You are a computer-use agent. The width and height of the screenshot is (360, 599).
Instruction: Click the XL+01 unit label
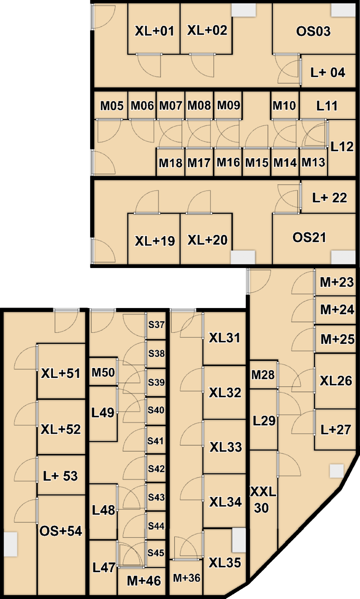point(155,31)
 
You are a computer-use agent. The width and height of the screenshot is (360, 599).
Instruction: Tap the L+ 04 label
point(328,72)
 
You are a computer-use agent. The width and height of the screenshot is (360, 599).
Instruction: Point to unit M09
point(228,105)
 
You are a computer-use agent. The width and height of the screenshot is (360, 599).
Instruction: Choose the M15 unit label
point(257,163)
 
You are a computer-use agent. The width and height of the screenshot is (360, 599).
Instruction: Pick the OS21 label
point(309,237)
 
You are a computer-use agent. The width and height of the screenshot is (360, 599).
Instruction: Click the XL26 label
point(336,381)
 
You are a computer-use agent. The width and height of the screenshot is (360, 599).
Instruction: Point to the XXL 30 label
point(263,500)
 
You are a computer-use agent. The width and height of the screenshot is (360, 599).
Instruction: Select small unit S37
point(156,325)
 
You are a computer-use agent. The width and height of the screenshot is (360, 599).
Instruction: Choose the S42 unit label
point(156,469)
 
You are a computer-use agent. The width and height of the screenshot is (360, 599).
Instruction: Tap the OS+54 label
point(61,531)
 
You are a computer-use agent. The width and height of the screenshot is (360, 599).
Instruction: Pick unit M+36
point(186,578)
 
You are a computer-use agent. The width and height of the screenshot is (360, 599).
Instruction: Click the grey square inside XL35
point(239,540)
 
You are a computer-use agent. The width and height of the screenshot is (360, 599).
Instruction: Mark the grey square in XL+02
point(244,10)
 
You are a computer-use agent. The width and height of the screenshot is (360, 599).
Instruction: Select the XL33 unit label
point(226,447)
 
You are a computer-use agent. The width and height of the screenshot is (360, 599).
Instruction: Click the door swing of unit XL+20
point(199,201)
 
